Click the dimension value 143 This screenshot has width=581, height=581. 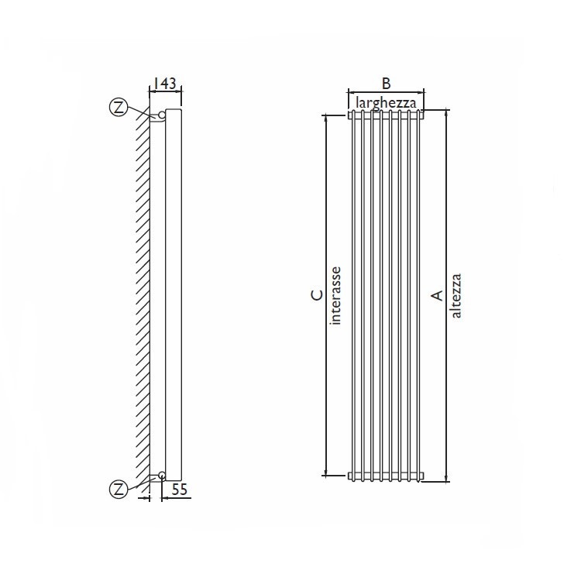click(x=164, y=83)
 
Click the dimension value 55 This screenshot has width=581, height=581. click(x=180, y=490)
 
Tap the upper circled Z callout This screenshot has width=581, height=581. click(x=119, y=108)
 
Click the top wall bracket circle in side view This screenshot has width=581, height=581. click(x=161, y=115)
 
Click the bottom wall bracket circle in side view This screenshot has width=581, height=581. click(x=161, y=475)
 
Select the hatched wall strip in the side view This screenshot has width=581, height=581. click(x=141, y=294)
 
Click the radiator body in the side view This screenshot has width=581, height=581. click(x=174, y=294)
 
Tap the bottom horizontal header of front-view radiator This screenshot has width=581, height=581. click(x=386, y=475)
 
